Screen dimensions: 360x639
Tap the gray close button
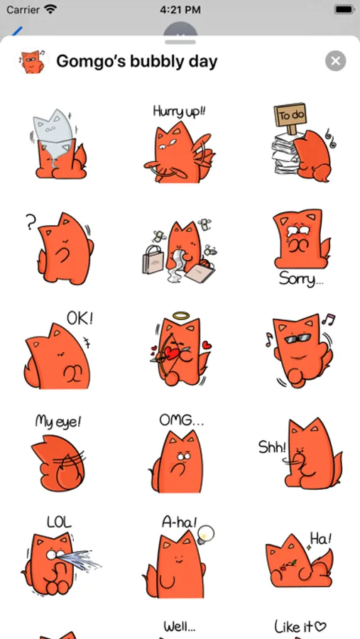336,61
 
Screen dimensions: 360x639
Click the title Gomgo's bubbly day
137,62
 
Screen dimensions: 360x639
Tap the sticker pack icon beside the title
31,62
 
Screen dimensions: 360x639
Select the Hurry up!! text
180,111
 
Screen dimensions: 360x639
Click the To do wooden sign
290,116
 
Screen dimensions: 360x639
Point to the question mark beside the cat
31,223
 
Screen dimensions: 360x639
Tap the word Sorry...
301,280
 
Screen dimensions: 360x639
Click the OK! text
80,318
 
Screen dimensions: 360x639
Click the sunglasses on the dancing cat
298,338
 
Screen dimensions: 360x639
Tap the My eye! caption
58,421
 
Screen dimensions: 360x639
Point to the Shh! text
273,447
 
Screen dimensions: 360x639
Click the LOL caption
59,522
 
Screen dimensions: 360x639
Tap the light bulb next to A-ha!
205,534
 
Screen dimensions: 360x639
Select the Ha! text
320,538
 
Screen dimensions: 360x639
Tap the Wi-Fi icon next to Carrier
50,9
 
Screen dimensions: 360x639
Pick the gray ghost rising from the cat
54,134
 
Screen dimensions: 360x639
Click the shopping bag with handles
153,259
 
